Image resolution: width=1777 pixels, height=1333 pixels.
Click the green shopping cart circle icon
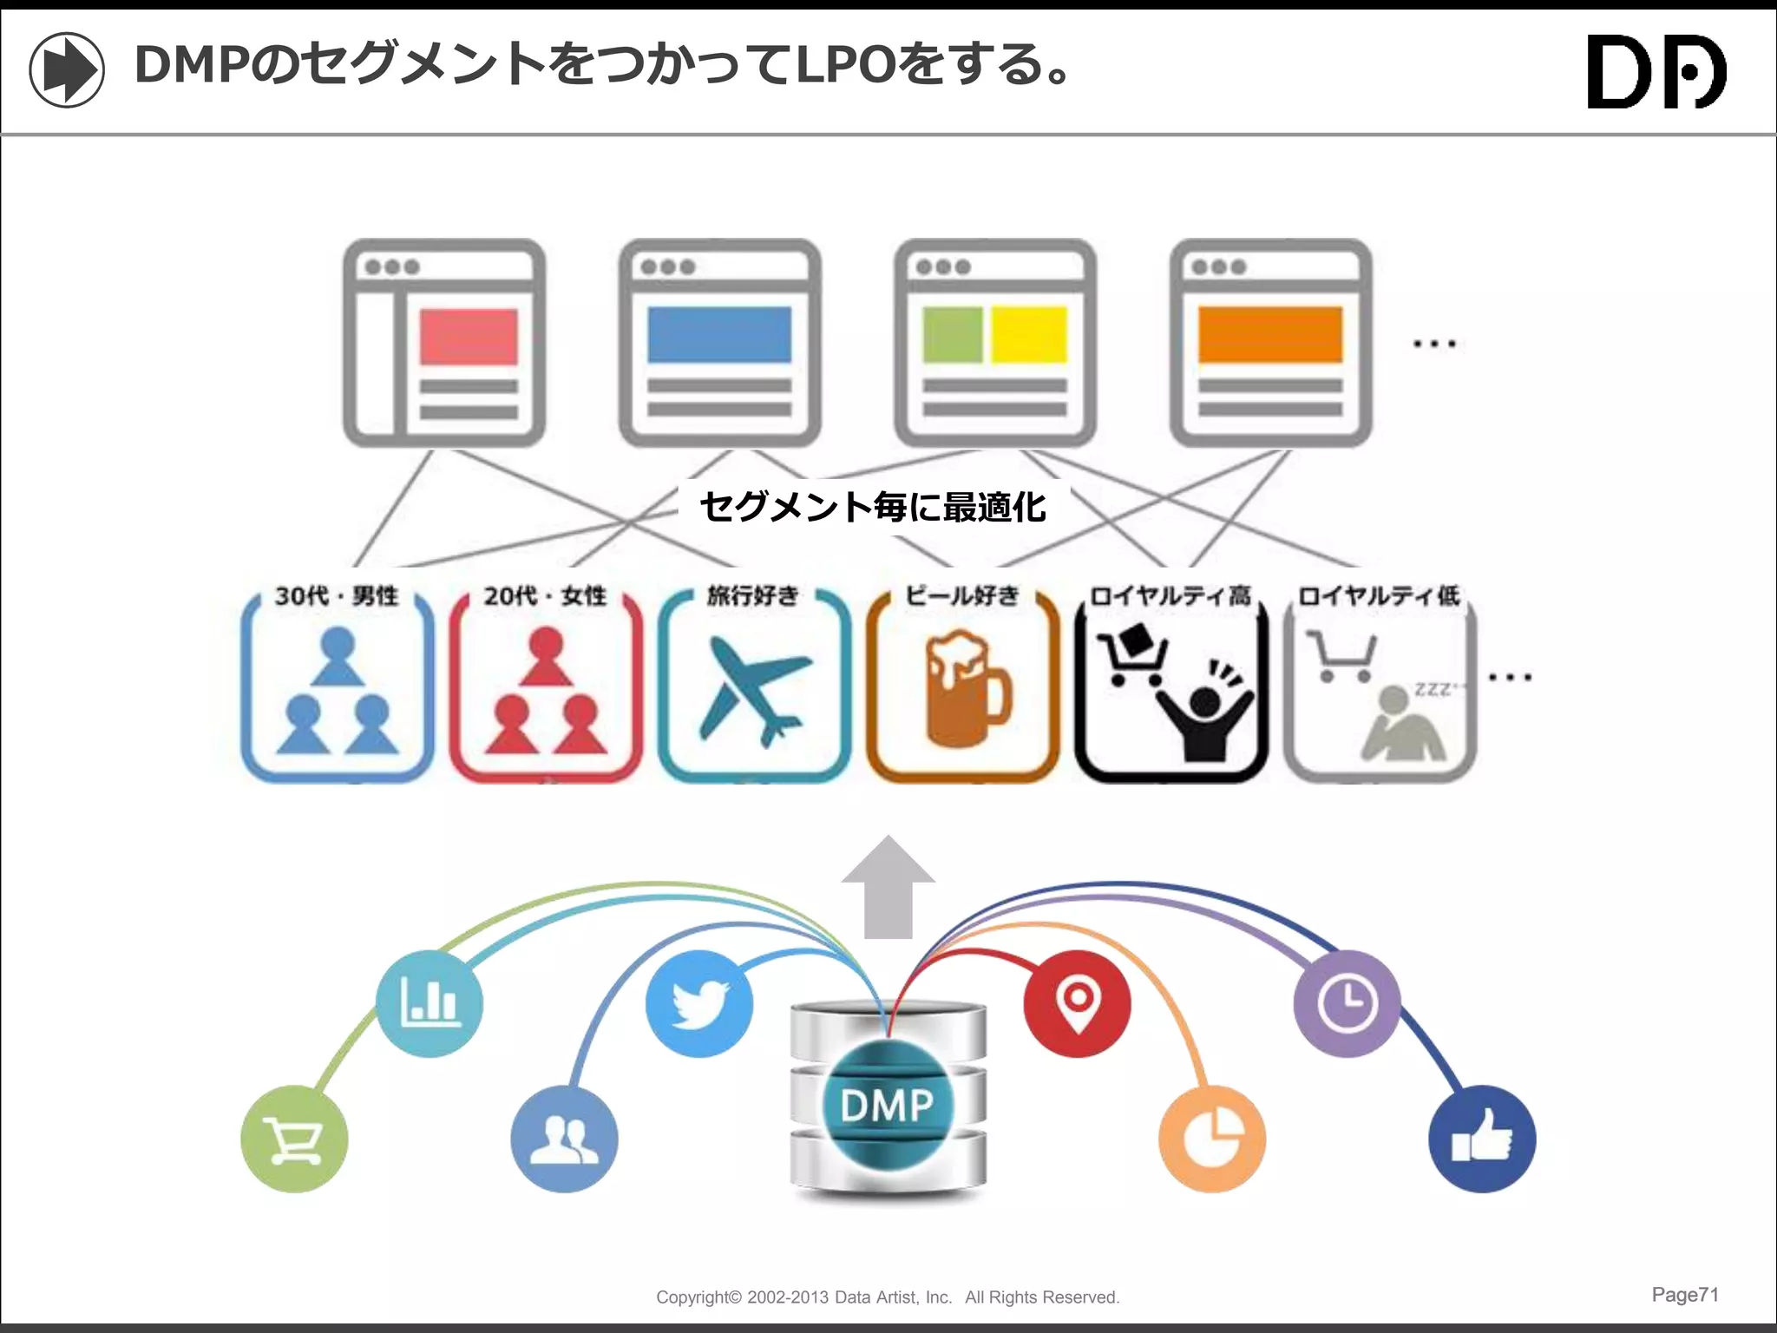[x=294, y=1139]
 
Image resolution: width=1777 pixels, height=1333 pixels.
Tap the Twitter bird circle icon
[x=699, y=1004]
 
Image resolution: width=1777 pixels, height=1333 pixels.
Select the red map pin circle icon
[x=1077, y=1004]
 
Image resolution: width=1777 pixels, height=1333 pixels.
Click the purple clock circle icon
[x=1347, y=1004]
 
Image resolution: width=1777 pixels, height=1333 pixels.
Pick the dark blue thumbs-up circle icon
[x=1482, y=1139]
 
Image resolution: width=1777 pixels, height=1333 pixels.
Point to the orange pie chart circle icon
[x=1212, y=1139]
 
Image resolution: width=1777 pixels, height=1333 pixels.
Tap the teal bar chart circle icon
[x=429, y=1004]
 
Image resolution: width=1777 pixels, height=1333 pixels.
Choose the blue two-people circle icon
[x=564, y=1139]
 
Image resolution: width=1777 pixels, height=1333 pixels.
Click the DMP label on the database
[x=887, y=1106]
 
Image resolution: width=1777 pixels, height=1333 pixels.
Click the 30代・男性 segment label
[x=337, y=596]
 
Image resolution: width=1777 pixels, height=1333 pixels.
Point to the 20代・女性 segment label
[x=545, y=596]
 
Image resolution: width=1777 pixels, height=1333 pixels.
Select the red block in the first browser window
[x=469, y=338]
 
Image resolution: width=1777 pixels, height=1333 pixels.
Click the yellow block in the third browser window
[x=1029, y=334]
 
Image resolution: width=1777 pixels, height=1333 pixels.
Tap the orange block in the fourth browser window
[x=1270, y=334]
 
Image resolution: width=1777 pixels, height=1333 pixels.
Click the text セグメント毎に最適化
[x=873, y=507]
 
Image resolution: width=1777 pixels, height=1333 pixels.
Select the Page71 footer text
[x=1684, y=1295]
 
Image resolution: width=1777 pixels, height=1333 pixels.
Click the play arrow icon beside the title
[x=67, y=69]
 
